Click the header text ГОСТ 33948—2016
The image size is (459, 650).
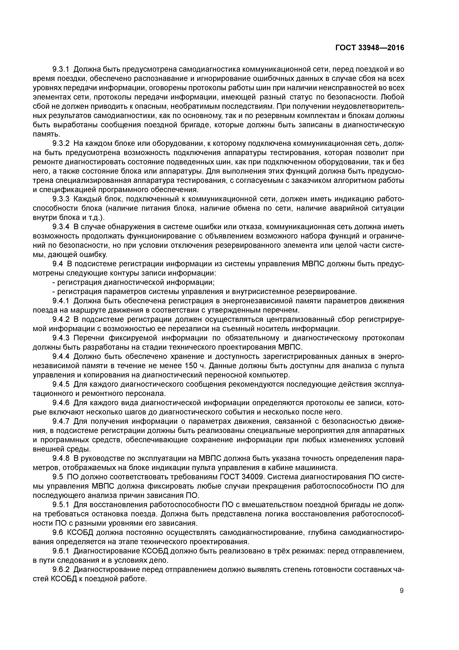tap(370, 48)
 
